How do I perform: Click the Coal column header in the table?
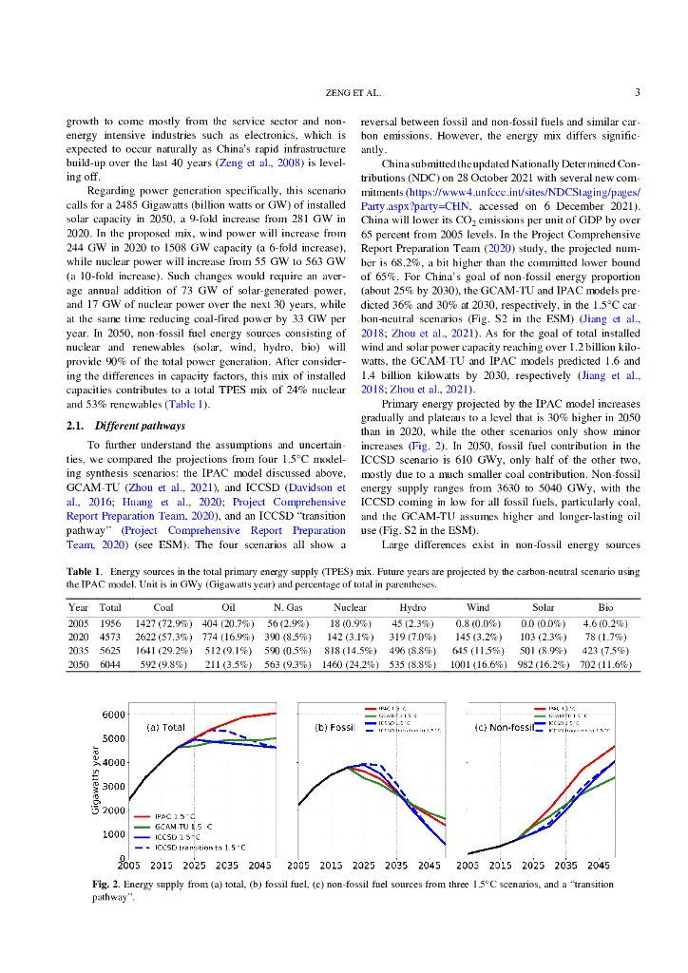click(162, 607)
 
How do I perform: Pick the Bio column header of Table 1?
click(605, 607)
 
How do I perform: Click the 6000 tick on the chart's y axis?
click(114, 715)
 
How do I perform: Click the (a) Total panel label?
click(165, 728)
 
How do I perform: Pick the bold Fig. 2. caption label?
click(105, 885)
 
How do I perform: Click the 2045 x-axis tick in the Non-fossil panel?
click(598, 866)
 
